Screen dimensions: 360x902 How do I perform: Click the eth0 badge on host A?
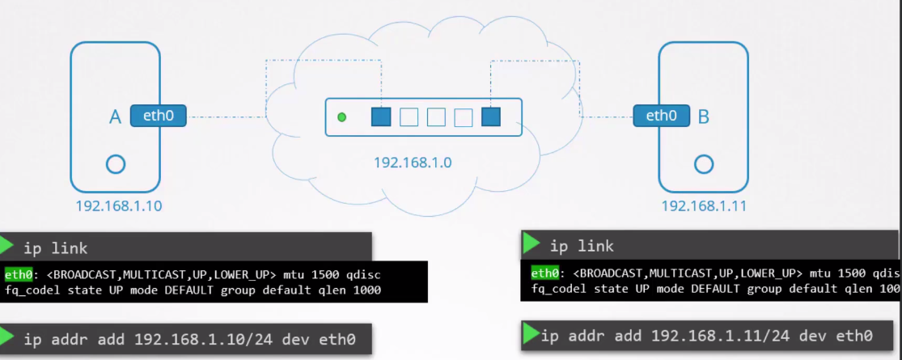point(158,116)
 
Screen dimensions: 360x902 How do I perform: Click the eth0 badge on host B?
point(662,116)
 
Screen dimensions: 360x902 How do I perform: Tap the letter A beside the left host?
point(115,118)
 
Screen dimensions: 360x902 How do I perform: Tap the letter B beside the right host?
point(703,117)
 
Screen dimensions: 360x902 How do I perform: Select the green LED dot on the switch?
point(341,117)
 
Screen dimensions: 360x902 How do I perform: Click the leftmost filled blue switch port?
point(381,117)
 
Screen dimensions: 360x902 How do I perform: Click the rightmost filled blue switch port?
point(490,117)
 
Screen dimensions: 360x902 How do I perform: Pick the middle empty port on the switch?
point(436,117)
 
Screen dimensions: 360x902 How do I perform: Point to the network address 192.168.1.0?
point(413,163)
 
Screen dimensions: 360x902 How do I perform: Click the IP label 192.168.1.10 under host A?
point(118,206)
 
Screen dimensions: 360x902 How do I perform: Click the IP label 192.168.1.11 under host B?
point(704,205)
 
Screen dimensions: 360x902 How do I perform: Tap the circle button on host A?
point(116,164)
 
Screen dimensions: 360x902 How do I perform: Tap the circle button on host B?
point(704,164)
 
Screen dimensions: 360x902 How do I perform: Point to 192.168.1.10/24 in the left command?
point(195,338)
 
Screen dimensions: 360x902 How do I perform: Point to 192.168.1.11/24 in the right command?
point(713,335)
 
